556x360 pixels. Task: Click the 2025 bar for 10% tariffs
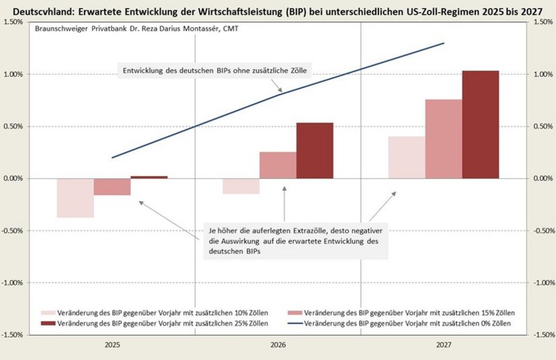point(75,198)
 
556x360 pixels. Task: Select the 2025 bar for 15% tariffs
point(112,187)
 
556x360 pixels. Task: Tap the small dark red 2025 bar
point(149,177)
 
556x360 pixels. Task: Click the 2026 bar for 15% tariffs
point(278,165)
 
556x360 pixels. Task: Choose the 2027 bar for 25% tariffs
point(481,124)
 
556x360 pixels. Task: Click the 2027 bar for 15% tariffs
point(443,139)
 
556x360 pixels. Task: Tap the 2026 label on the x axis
point(278,344)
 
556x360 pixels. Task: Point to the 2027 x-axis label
point(443,344)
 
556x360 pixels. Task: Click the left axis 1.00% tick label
point(13,74)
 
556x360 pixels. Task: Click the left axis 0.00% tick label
point(13,178)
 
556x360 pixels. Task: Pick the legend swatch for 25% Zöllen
point(48,324)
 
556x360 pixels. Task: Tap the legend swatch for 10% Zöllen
point(48,314)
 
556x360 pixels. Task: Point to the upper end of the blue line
point(444,43)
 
